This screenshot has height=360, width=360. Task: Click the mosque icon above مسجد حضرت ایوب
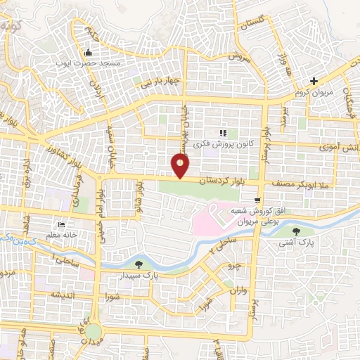87,53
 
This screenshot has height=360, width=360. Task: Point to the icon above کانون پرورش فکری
223,133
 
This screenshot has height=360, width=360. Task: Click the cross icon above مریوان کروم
314,81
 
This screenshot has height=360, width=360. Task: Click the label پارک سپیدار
138,276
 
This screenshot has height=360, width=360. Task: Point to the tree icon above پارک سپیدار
138,265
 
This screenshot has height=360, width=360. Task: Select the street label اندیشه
61,295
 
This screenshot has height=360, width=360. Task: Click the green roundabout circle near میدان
92,331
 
